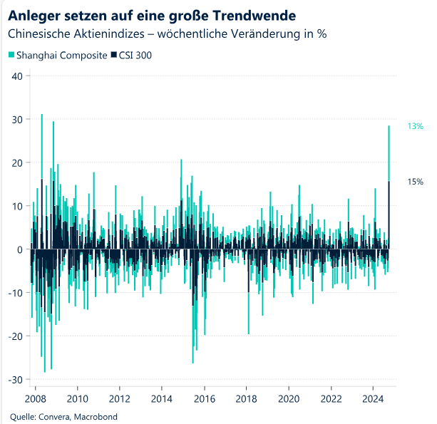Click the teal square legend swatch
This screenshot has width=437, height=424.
coord(11,55)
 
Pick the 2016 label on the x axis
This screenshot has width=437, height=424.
coord(205,398)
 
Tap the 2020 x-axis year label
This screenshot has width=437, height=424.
coord(289,398)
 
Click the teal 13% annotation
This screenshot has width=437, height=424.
coord(416,126)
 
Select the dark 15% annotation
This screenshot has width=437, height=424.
coord(416,182)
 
